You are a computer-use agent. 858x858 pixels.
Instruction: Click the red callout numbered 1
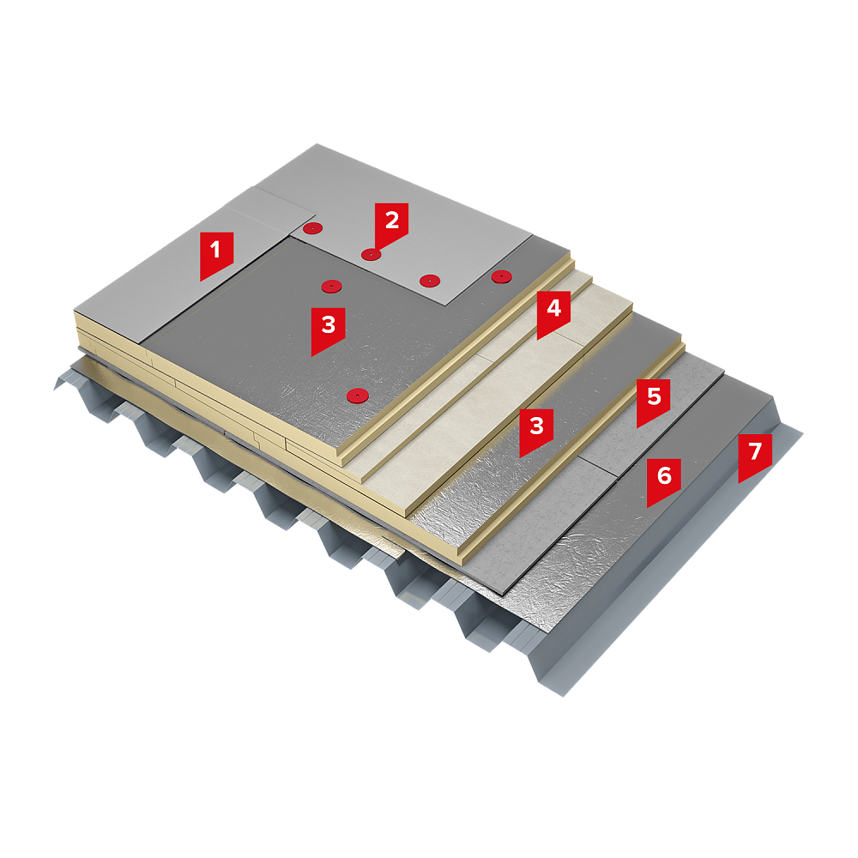(x=216, y=253)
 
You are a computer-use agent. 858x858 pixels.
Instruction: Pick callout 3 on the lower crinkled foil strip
(x=536, y=428)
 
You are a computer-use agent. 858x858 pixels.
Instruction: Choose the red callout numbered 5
(x=654, y=399)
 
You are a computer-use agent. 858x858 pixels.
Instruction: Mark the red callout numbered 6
(x=664, y=479)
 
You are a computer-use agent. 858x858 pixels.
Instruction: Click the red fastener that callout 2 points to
(x=371, y=255)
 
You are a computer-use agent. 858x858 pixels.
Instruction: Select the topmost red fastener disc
(x=312, y=228)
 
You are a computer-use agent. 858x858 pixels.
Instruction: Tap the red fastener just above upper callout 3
(x=331, y=286)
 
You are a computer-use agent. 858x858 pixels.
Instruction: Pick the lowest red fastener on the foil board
(x=357, y=395)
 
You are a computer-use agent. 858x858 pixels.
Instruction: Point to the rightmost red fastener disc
(x=501, y=276)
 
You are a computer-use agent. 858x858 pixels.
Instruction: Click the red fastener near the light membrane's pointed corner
(x=430, y=281)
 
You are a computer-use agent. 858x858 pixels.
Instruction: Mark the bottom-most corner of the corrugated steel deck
(x=564, y=696)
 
